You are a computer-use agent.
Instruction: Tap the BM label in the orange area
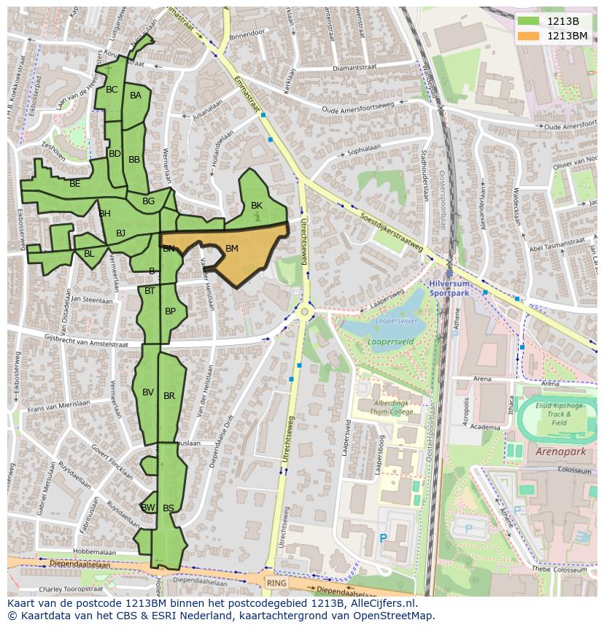click(x=232, y=249)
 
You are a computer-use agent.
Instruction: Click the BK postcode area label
click(x=257, y=206)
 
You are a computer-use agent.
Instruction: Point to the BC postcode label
click(x=112, y=90)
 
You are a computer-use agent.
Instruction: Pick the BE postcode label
click(x=75, y=184)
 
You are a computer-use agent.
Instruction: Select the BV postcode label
click(x=148, y=392)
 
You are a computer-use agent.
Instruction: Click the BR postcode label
click(x=169, y=396)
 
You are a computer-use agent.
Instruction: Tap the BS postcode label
click(x=169, y=508)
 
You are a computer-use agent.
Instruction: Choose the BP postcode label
click(x=170, y=311)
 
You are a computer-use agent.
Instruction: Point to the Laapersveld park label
click(x=381, y=340)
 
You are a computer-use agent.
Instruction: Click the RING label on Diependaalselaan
click(x=276, y=583)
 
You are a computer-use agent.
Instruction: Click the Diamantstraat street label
click(x=352, y=68)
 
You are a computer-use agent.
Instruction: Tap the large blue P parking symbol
click(x=383, y=538)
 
